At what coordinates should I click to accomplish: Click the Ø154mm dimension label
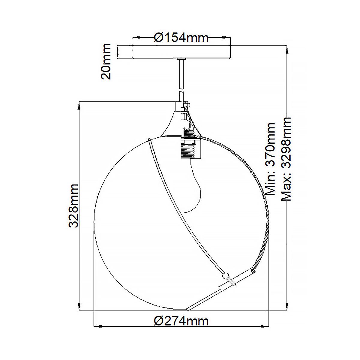click(181, 38)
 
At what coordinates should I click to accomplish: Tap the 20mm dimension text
click(106, 61)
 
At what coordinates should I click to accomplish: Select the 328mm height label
click(73, 206)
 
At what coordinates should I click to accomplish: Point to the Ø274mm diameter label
click(181, 321)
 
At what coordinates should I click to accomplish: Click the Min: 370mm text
click(271, 159)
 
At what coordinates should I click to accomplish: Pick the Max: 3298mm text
click(286, 159)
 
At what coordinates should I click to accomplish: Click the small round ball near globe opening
click(225, 275)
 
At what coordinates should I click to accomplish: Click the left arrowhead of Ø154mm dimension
click(137, 38)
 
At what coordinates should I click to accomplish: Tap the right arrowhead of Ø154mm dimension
click(226, 38)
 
